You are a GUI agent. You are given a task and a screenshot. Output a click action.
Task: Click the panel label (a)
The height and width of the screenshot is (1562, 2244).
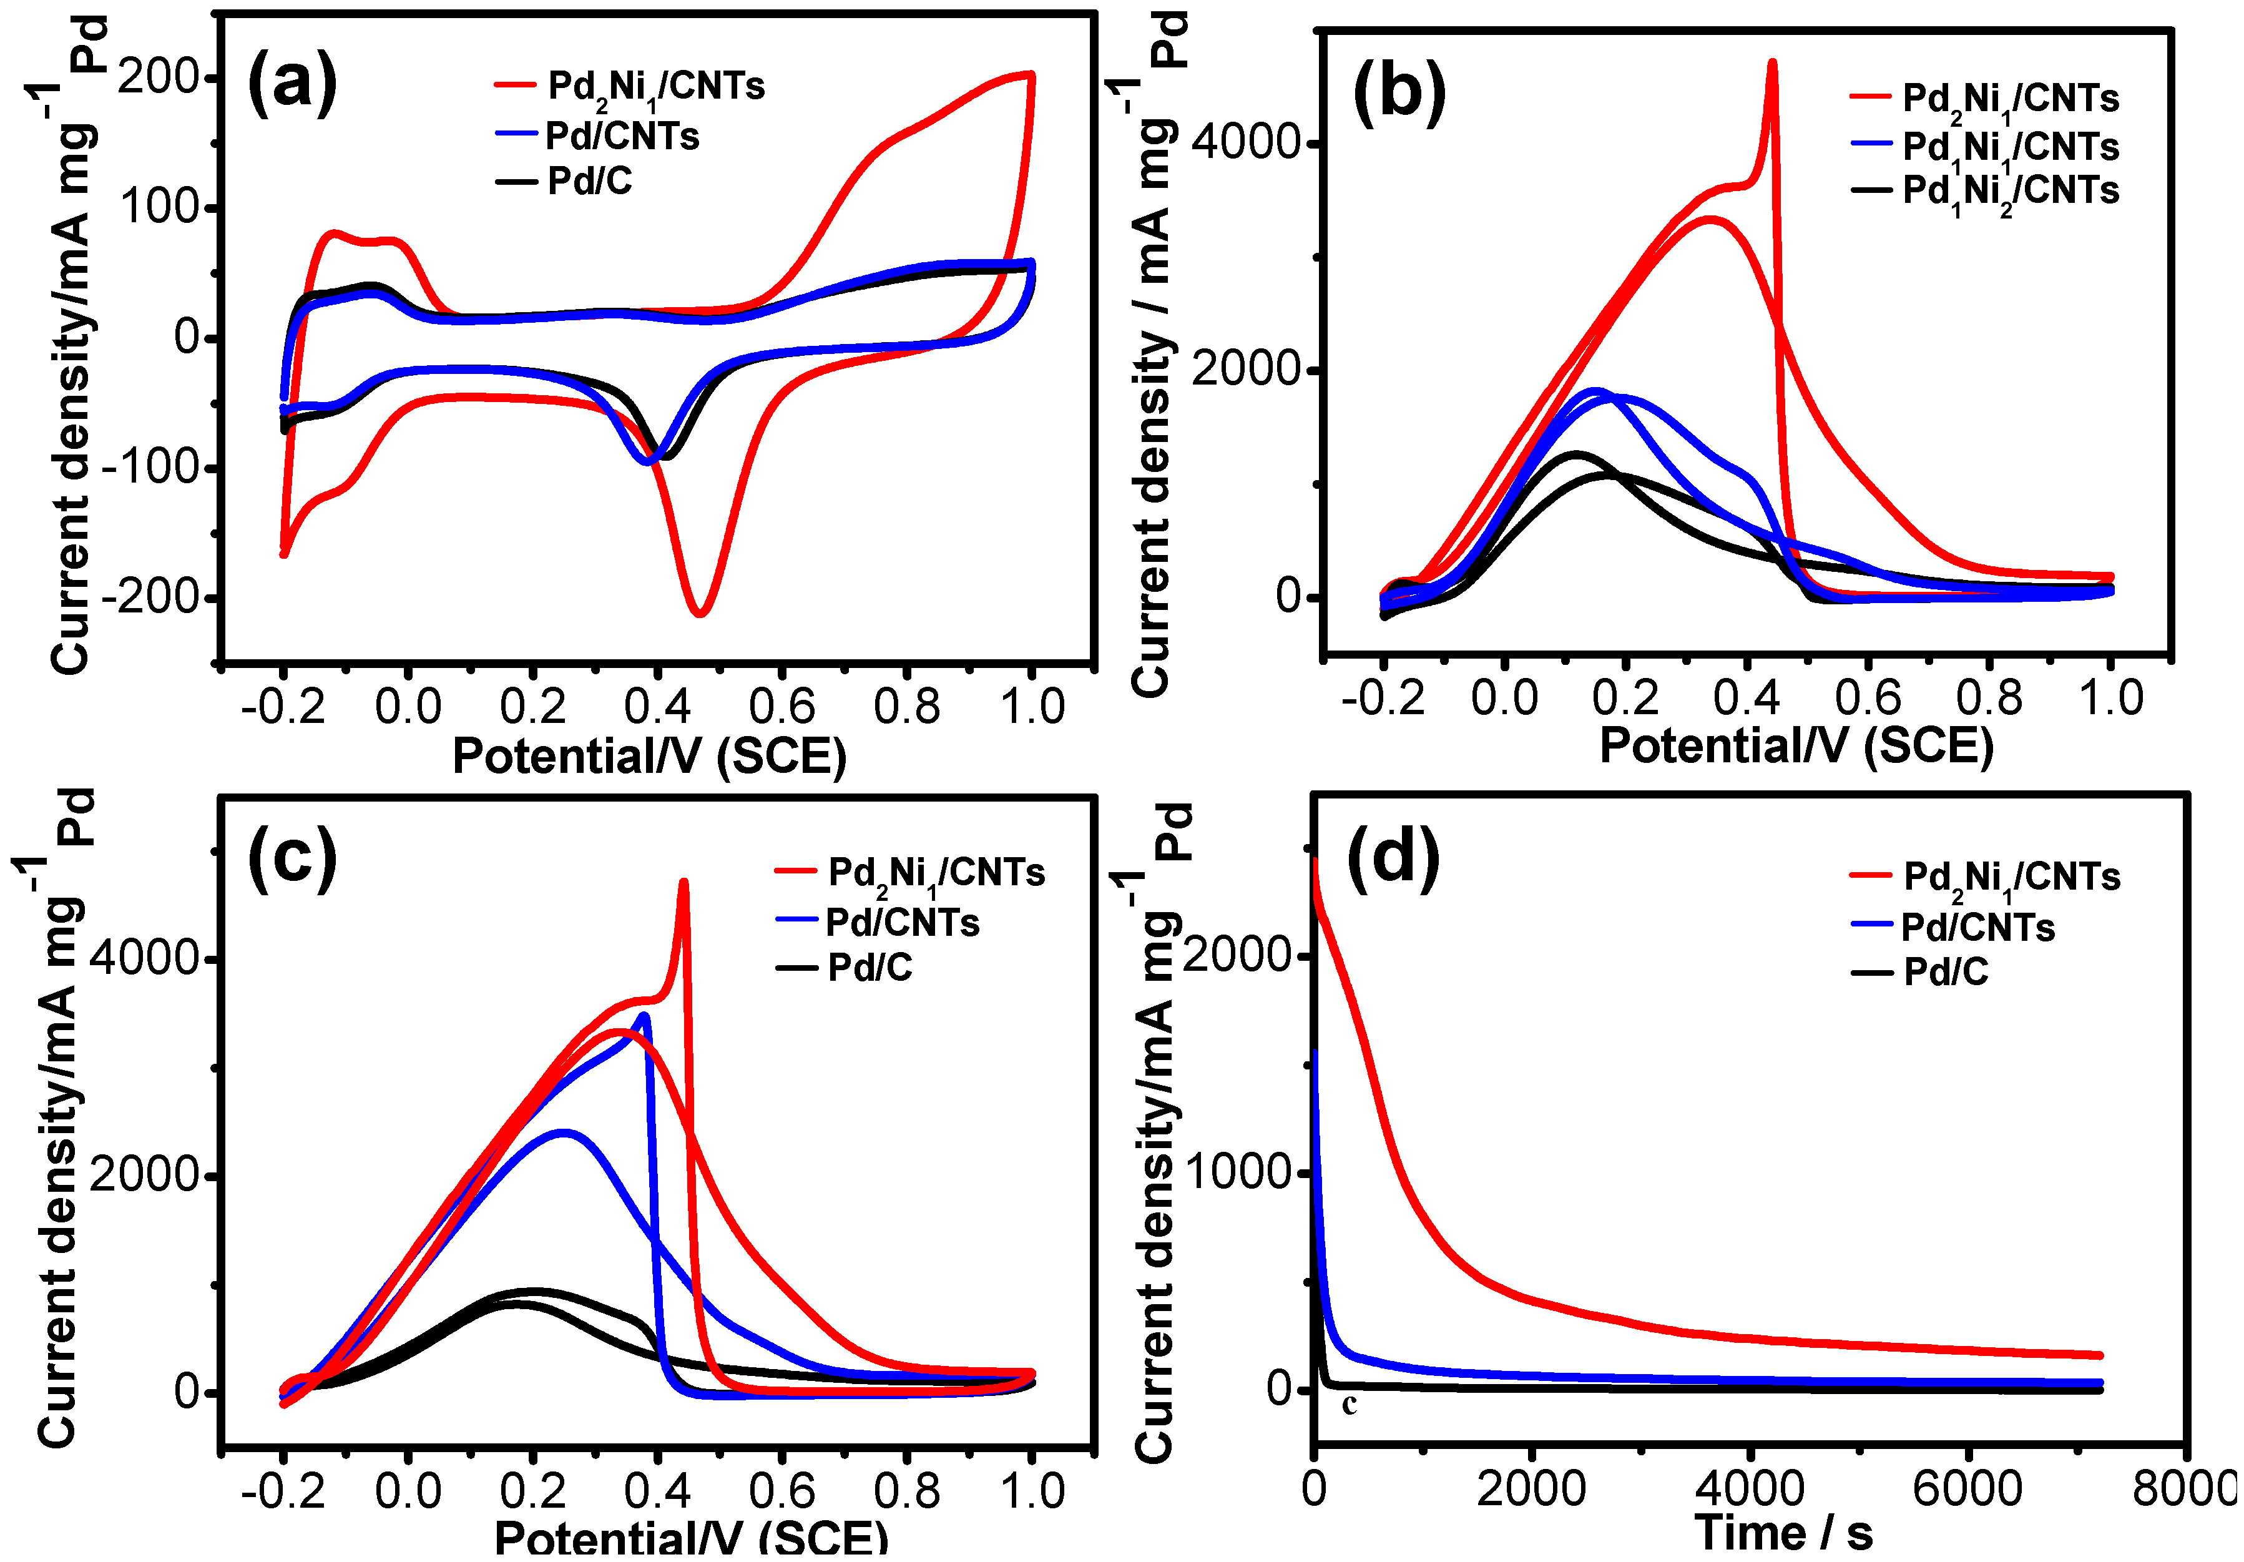coord(292,84)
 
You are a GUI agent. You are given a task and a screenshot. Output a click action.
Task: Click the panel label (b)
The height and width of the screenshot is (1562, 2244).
coord(1399,94)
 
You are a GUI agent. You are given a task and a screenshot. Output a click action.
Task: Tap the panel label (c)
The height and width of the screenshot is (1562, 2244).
coord(292,858)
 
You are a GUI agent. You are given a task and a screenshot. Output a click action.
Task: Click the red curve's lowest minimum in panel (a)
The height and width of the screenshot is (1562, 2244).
coord(700,613)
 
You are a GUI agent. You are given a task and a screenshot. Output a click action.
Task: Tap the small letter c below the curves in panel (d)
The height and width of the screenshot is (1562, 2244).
coord(1349,1405)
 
